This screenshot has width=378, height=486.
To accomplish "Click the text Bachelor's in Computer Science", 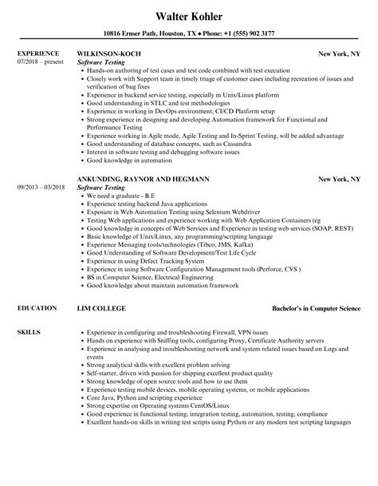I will [x=313, y=306].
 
